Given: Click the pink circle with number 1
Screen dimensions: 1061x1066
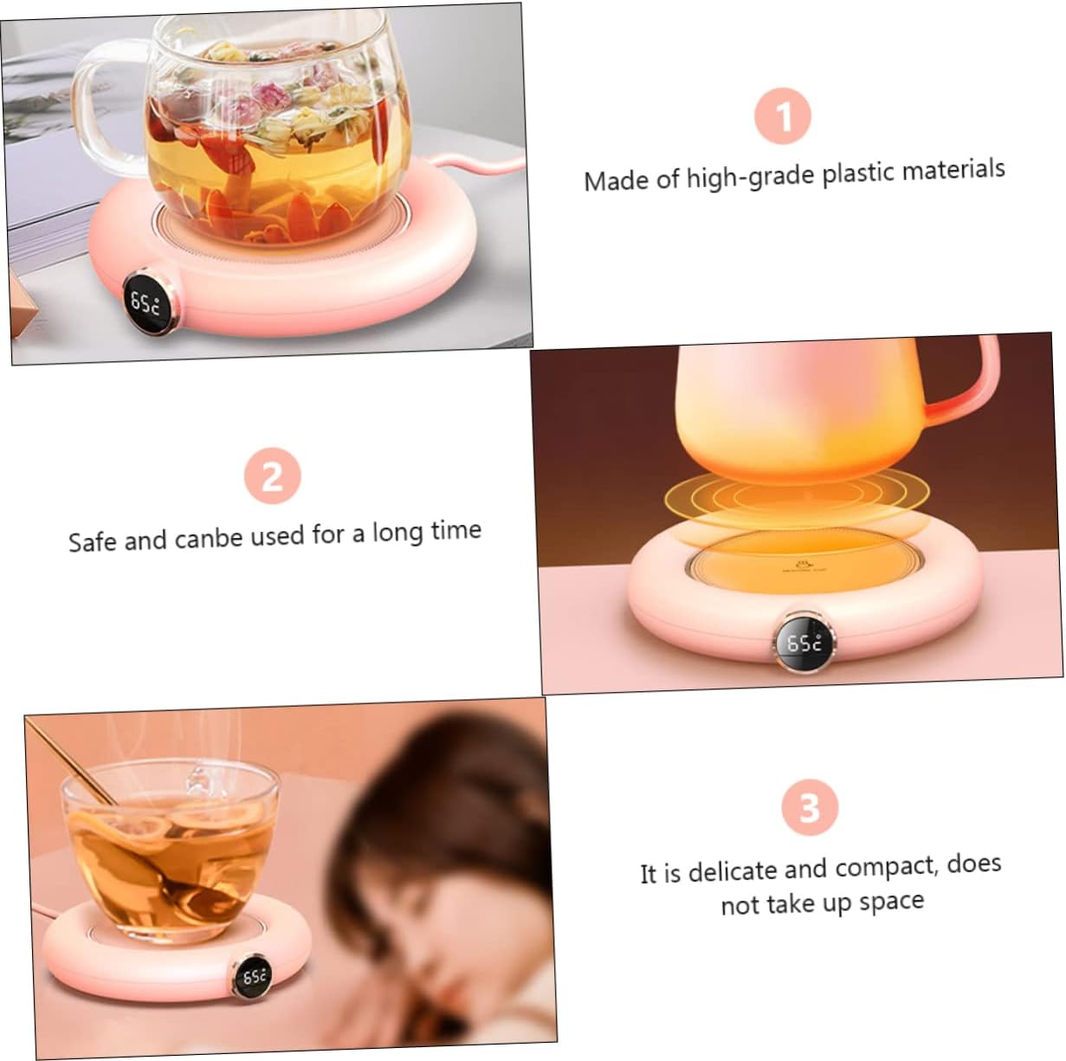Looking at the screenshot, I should [x=783, y=116].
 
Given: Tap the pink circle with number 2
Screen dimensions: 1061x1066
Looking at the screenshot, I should [x=272, y=476].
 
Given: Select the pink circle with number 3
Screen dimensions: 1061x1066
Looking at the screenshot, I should [x=810, y=807].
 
